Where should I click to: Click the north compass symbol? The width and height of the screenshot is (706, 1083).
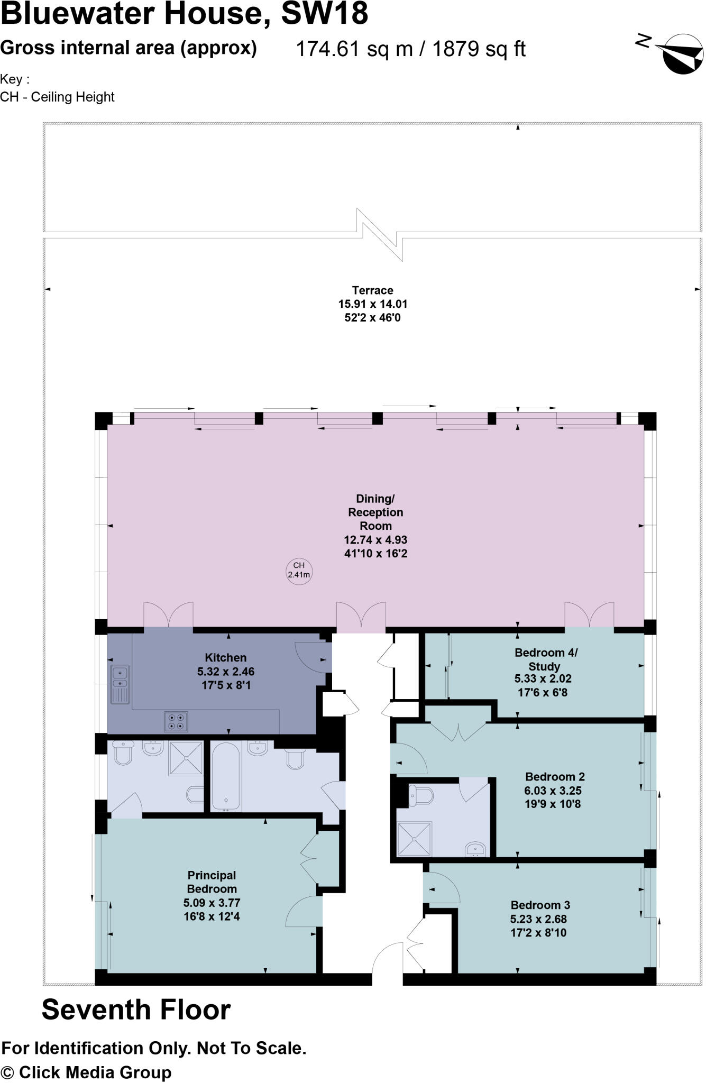coord(682,53)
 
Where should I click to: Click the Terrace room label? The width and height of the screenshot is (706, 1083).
coord(372,290)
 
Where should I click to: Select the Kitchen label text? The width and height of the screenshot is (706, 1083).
coord(226,657)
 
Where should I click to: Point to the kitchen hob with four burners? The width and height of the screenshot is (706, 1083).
coord(176,721)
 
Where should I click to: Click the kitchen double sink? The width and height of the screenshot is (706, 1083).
coord(120,684)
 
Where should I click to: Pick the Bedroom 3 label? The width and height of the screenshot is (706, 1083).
coord(540,905)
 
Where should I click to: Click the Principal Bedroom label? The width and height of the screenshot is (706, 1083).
coord(212,882)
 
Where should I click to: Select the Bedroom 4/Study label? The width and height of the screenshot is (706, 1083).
coord(546,659)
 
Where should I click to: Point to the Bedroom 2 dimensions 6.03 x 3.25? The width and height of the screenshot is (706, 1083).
coord(553,791)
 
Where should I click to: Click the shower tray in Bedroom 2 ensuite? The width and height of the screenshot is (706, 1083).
coord(415,839)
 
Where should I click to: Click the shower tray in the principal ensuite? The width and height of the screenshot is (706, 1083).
coord(186,758)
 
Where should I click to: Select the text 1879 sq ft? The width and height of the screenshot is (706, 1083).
coord(479,49)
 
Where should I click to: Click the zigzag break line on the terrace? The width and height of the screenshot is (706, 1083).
coord(380,234)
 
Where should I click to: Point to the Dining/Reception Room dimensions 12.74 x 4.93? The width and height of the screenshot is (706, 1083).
coord(375,540)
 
